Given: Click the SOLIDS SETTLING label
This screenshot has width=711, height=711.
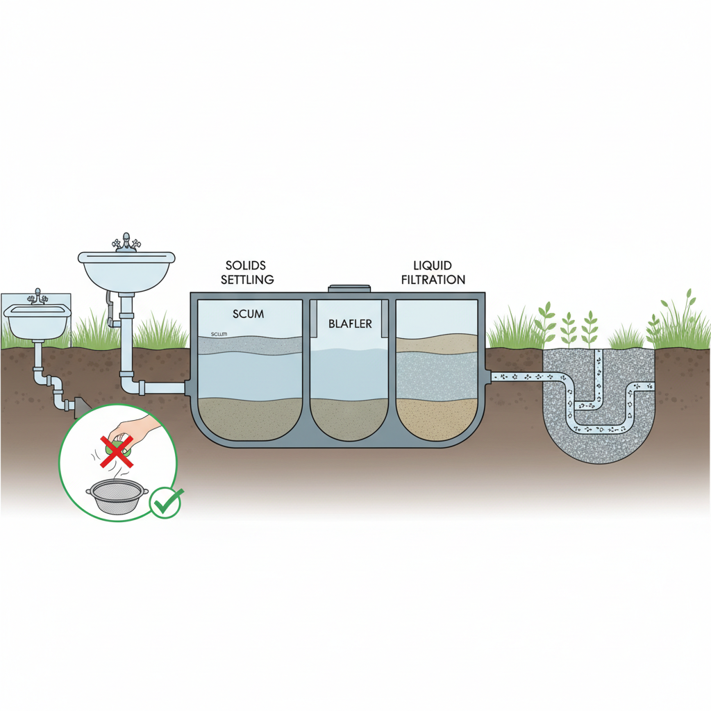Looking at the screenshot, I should coord(247,273).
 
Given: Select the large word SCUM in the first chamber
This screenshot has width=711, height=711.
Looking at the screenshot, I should coord(248,314).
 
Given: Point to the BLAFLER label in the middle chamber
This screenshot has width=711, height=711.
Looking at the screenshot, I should coord(351,323).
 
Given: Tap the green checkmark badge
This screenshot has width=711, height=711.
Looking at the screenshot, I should coord(167,502).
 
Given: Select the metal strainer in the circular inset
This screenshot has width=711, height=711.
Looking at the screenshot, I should coord(117,497).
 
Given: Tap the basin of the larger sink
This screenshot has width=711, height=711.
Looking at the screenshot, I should coord(126,271).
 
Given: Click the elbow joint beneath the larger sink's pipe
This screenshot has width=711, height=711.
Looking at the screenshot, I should coord(129,385).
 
